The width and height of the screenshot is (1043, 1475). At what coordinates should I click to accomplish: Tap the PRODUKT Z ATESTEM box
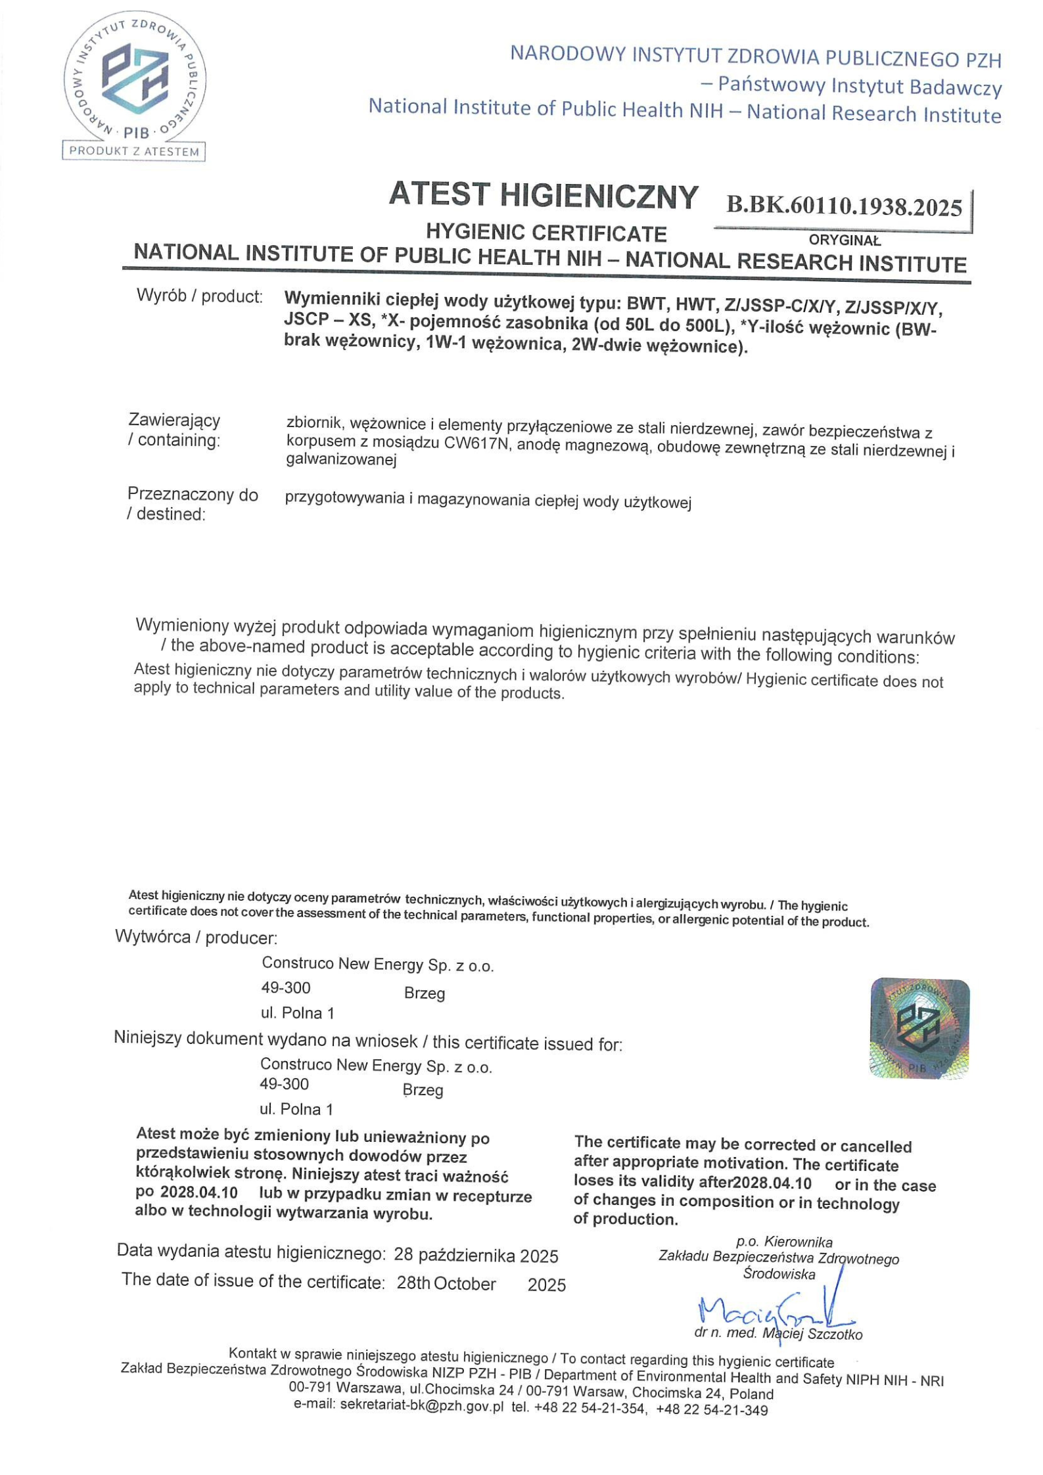pyautogui.click(x=134, y=152)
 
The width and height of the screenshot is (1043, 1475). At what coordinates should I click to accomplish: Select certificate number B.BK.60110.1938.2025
pyautogui.click(x=844, y=207)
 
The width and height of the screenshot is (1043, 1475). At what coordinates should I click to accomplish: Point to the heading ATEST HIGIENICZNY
pyautogui.click(x=544, y=195)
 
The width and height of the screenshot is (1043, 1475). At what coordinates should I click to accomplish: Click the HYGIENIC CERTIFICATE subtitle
pyautogui.click(x=546, y=233)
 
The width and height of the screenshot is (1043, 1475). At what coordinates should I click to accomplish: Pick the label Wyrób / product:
pyautogui.click(x=199, y=296)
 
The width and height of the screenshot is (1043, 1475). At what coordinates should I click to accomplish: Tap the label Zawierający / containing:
pyautogui.click(x=174, y=430)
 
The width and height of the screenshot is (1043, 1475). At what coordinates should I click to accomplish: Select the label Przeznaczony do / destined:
pyautogui.click(x=192, y=504)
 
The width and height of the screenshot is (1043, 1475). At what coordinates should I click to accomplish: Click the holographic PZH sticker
pyautogui.click(x=919, y=1028)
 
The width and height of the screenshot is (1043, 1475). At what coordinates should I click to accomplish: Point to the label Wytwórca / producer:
pyautogui.click(x=196, y=937)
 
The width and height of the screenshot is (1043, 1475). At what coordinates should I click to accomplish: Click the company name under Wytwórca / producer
pyautogui.click(x=377, y=964)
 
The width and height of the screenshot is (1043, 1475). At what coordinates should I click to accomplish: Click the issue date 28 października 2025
pyautogui.click(x=476, y=1256)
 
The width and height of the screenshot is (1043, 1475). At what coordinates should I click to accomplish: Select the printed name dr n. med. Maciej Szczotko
pyautogui.click(x=778, y=1334)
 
